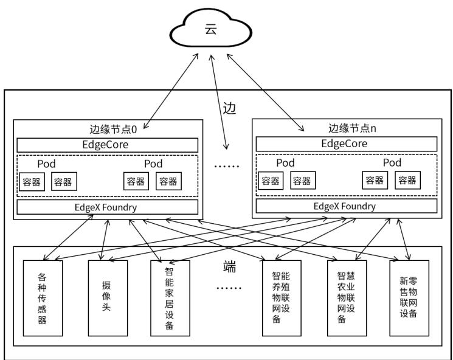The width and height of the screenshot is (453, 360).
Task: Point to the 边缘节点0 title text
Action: click(113, 129)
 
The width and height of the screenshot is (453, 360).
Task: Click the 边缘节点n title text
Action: click(352, 128)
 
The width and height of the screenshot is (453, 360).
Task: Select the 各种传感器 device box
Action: click(43, 298)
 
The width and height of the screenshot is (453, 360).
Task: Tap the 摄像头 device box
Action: click(108, 298)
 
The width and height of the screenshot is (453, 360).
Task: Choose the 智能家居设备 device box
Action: click(170, 298)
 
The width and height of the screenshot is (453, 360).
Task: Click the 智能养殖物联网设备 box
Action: click(282, 298)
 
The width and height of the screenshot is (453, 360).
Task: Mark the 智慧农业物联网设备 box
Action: click(347, 298)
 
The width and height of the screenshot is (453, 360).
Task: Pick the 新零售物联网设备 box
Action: click(409, 298)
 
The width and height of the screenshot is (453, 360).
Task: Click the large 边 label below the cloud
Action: click(229, 109)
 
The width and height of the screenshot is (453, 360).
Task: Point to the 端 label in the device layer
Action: click(230, 266)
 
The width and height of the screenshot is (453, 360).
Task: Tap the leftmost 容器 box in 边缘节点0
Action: click(32, 182)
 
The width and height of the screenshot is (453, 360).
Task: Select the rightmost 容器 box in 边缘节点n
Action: click(407, 180)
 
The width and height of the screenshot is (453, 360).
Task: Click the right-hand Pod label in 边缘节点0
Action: click(153, 164)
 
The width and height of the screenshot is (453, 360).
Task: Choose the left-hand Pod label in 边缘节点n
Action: click(285, 162)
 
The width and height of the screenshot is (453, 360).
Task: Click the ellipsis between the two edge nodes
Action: click(227, 166)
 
